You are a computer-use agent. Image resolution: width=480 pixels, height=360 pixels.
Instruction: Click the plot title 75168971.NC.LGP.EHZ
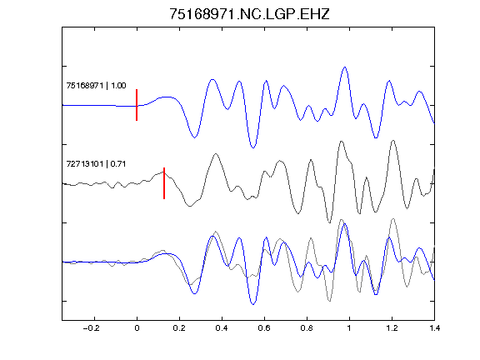pos(249,14)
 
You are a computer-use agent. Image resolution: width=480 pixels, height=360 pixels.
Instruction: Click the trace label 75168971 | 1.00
pos(96,85)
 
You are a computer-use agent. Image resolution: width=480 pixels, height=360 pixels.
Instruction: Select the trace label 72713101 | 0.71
pos(96,164)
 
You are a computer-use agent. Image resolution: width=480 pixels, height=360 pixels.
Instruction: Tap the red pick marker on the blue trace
pos(137,105)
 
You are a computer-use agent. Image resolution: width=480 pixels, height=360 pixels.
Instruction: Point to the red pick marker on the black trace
pos(164,183)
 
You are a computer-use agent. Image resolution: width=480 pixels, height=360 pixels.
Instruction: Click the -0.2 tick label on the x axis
pos(92,328)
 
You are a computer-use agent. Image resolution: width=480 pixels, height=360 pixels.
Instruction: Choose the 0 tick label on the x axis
pos(137,328)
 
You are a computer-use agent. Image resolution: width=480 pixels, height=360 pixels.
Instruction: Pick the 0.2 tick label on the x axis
pos(179,328)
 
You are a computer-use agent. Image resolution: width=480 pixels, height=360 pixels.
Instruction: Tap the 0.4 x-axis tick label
pos(222,328)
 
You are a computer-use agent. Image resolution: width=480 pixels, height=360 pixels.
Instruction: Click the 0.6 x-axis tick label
pos(264,328)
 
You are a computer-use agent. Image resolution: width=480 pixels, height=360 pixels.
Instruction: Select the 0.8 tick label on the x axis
pos(307,328)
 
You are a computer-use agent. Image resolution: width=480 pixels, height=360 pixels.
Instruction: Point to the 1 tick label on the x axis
pos(349,328)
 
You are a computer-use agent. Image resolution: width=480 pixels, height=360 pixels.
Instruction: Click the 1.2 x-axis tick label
pos(392,328)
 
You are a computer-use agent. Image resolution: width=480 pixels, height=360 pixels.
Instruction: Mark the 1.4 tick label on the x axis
pos(434,328)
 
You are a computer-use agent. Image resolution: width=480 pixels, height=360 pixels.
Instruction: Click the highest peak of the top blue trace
pos(345,67)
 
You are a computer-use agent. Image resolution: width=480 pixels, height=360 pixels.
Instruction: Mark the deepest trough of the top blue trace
pos(252,147)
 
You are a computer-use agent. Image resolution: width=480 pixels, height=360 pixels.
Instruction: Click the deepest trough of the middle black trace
pos(329,222)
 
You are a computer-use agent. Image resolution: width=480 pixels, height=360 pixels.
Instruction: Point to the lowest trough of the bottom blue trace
pos(252,304)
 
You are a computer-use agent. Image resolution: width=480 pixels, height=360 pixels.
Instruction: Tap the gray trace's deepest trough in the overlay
pos(330,301)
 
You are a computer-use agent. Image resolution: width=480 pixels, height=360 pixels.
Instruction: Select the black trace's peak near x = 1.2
pos(393,141)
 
